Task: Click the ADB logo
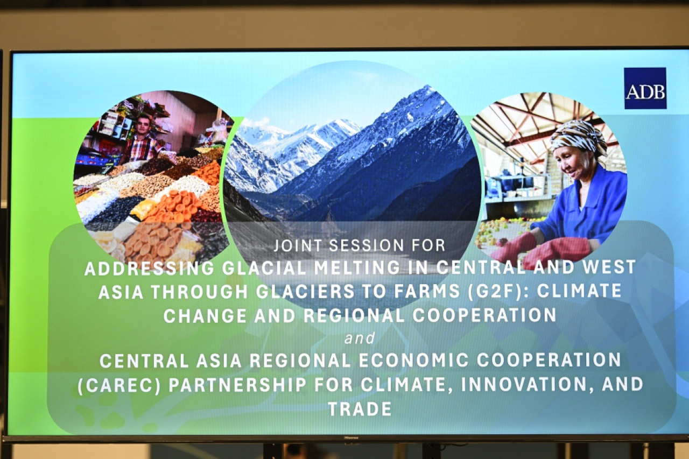(645, 88)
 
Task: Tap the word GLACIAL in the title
(264, 268)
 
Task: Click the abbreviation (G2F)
(494, 292)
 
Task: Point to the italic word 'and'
(360, 338)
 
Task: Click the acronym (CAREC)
(119, 385)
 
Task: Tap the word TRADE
(360, 409)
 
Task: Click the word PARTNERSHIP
(237, 385)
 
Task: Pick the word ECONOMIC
(414, 360)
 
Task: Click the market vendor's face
(143, 126)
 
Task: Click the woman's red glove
(557, 251)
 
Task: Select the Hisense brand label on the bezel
(351, 437)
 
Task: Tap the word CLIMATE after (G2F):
(579, 291)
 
